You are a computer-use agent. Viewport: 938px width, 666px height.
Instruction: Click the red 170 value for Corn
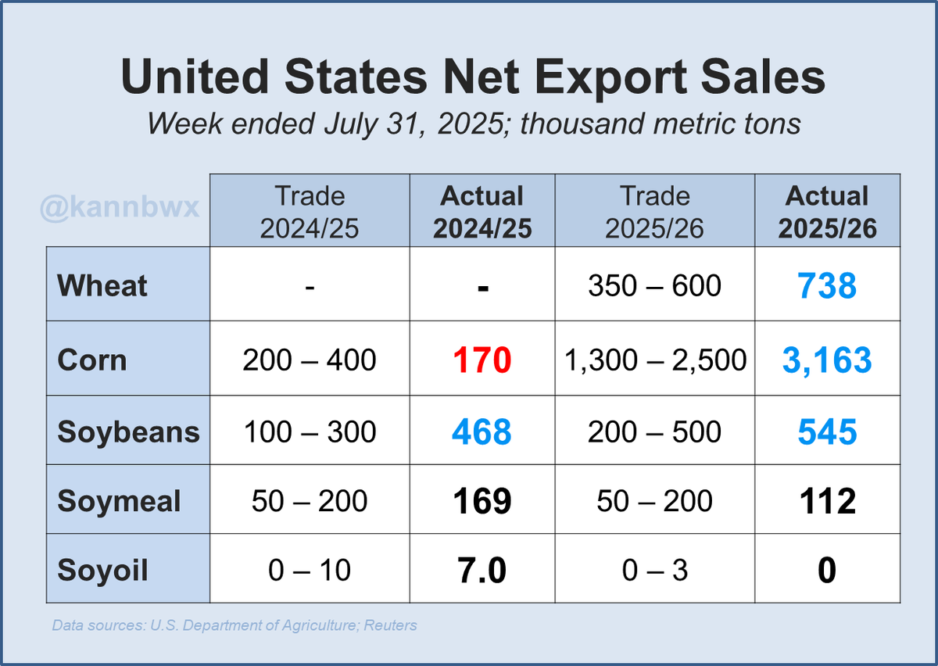[x=482, y=361]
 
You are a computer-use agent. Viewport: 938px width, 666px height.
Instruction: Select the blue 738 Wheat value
[x=827, y=287]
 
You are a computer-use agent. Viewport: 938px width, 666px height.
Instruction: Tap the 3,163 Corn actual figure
[x=827, y=361]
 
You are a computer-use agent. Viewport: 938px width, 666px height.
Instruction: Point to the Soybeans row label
[x=128, y=431]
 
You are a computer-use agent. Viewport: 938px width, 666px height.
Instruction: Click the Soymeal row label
[x=119, y=501]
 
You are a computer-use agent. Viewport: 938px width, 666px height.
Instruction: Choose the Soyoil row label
[x=102, y=570]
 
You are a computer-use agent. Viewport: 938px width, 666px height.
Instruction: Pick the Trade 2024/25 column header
[x=310, y=211]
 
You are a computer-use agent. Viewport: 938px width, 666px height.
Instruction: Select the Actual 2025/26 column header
[x=827, y=211]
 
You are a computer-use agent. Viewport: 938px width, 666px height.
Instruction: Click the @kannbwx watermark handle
[x=120, y=209]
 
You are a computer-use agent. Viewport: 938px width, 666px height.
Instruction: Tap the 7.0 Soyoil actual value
[x=482, y=571]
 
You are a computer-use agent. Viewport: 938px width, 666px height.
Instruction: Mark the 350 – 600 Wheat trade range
[x=654, y=286]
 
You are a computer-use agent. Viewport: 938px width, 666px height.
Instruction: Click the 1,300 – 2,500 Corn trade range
[x=654, y=360]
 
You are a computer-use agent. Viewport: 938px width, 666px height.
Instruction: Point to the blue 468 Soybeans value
[x=482, y=432]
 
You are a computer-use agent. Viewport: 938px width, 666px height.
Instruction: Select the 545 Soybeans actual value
[x=827, y=432]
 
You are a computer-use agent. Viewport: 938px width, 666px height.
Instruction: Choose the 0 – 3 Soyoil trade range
[x=654, y=571]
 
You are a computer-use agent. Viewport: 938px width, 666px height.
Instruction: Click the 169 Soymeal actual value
[x=482, y=501]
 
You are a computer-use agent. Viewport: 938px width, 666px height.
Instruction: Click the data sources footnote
[x=234, y=625]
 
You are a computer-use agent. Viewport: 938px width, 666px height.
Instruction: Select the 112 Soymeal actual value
[x=827, y=501]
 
